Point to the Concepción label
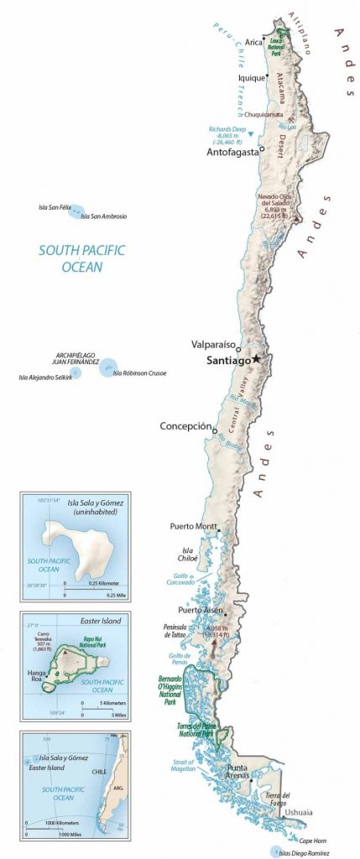point(185,426)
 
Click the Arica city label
point(254,42)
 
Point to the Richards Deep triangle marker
point(249,134)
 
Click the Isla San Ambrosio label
point(103,216)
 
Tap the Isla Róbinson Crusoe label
point(139,373)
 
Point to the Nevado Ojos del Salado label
point(273,204)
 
